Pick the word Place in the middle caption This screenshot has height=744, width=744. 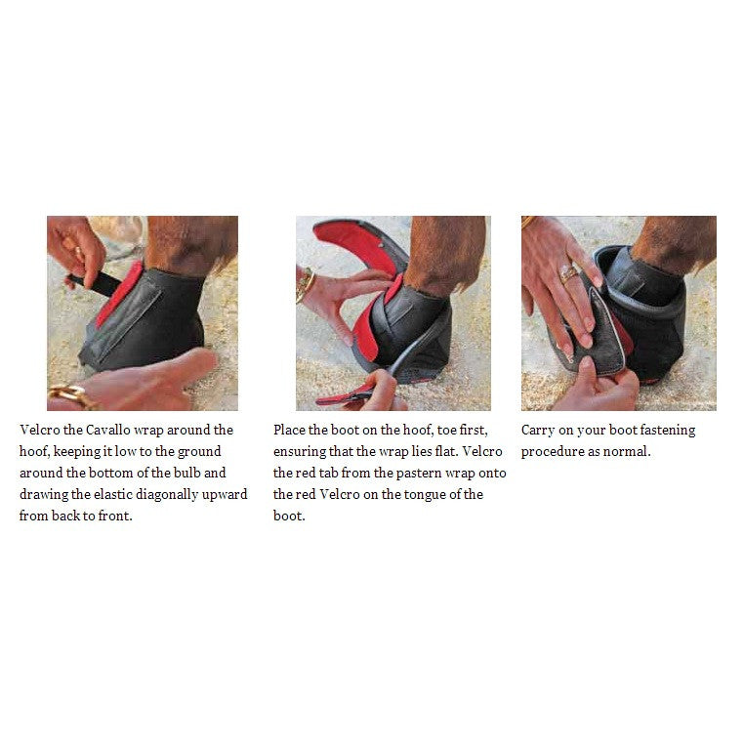[289, 430]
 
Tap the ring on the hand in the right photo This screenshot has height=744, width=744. [568, 273]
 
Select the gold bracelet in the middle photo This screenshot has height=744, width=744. [304, 285]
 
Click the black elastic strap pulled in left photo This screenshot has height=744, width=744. [94, 283]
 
